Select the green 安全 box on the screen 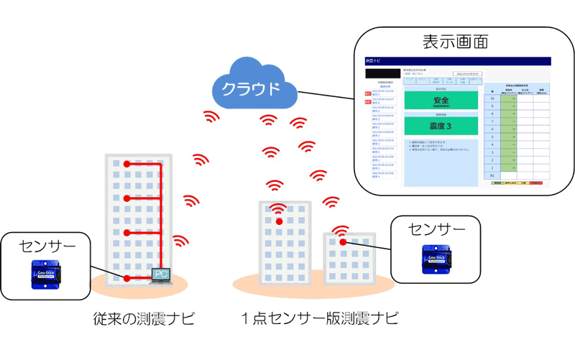point(441,102)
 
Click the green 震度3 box point(441,126)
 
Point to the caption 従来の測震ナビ point(143,318)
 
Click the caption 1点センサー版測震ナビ point(319,318)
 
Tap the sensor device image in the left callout point(47,274)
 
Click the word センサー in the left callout point(46,246)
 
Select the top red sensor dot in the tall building point(127,165)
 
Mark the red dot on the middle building point(279,221)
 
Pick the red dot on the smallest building point(343,242)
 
